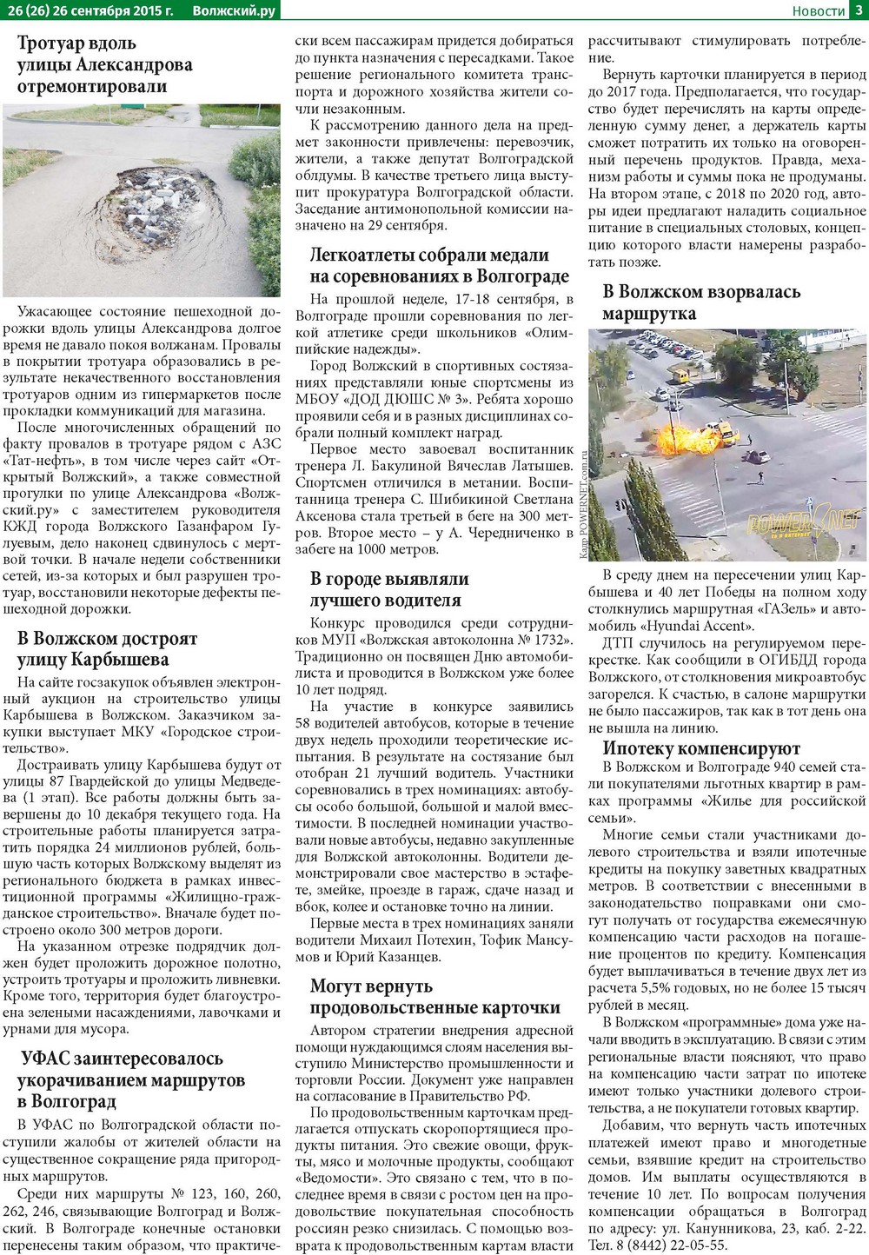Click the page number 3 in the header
point(859,10)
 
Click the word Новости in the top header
point(819,10)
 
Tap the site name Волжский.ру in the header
point(234,10)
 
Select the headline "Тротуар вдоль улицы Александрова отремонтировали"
point(104,64)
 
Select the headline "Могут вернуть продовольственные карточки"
point(434,997)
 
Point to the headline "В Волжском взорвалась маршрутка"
point(701,302)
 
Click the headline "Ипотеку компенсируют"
point(701,748)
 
